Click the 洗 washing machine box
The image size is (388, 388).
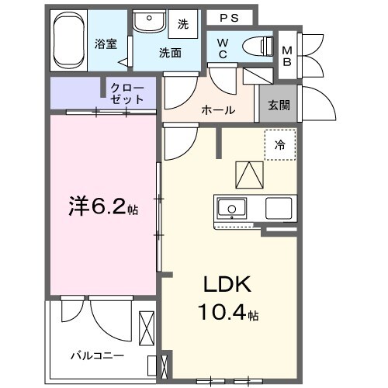184,24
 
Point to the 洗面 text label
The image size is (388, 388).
171,54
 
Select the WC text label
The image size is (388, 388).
222,47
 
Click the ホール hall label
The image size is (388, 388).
218,110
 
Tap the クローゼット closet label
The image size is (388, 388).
127,93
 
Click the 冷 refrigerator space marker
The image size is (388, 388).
279,145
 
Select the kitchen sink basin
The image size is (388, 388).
230,208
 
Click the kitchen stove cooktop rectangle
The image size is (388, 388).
278,208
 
